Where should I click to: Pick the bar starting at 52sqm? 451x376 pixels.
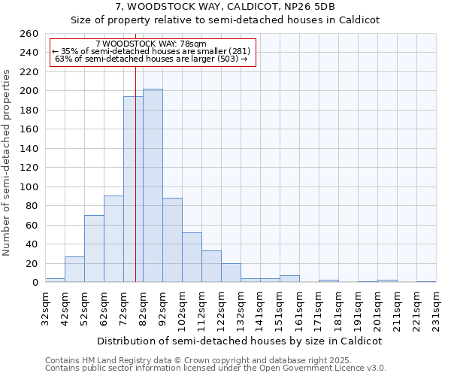coord(94,249)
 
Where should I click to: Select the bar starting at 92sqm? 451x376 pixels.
coord(172,241)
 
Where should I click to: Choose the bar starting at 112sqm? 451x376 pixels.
coord(211,267)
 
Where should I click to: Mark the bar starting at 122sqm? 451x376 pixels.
coord(231,273)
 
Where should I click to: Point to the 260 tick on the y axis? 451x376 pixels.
coord(29,34)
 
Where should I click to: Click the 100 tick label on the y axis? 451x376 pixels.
coord(29,187)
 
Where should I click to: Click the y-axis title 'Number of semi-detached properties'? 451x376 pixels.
coord(8,162)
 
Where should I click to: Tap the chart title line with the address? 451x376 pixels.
coord(225,7)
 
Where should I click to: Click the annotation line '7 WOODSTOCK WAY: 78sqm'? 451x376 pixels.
coord(151,44)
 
